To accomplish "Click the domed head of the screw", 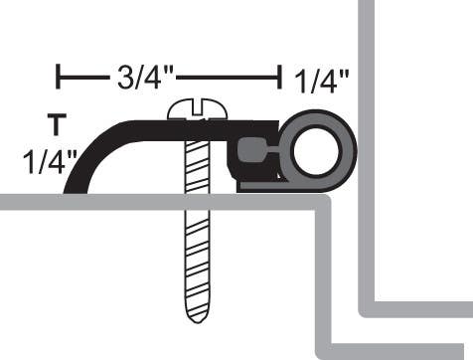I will click(199, 108).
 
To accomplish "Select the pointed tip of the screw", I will click(199, 318).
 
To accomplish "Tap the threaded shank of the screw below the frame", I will click(199, 259).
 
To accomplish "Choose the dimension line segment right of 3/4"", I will click(229, 77).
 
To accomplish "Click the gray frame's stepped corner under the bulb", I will click(323, 203).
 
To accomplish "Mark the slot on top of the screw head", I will click(199, 102).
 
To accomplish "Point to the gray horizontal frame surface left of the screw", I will click(99, 202).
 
